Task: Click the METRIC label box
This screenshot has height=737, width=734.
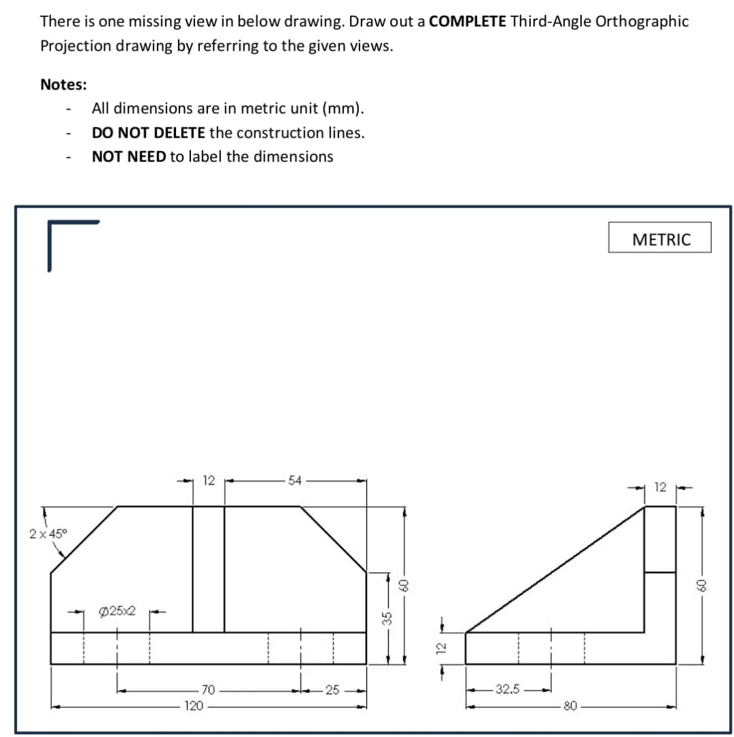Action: pos(660,239)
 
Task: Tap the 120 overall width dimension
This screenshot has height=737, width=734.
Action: pos(194,706)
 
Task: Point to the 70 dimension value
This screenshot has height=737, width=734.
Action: pos(208,691)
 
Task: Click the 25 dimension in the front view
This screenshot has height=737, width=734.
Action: pos(333,691)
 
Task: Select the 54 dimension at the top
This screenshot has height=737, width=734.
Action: pos(295,481)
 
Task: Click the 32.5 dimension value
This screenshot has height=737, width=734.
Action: pos(508,690)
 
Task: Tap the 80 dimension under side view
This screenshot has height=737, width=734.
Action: pos(571,706)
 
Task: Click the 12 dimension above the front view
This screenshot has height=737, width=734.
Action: pos(209,481)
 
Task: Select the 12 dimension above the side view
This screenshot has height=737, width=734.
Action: pos(660,487)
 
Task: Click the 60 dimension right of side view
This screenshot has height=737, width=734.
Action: pos(698,584)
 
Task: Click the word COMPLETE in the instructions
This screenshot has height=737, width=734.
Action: pos(468,21)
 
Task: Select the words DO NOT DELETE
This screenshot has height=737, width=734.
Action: pos(148,132)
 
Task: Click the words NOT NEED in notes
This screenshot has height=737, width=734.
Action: pos(129,156)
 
